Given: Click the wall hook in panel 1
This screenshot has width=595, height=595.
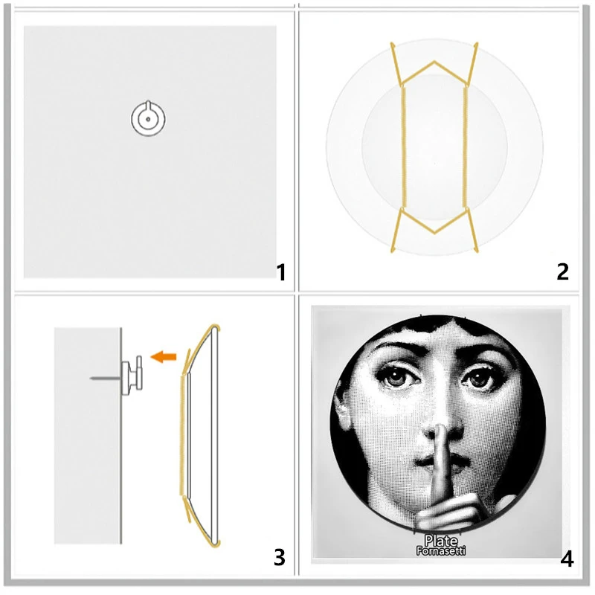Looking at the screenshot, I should [x=148, y=118].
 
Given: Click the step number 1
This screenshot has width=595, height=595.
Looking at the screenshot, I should [x=280, y=272].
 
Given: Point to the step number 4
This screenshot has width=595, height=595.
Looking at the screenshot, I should [x=567, y=558].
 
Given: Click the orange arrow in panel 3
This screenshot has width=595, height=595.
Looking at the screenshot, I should [x=163, y=358].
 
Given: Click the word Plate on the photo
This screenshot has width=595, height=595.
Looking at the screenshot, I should [x=440, y=541].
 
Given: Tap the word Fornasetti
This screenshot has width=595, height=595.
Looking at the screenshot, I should [x=440, y=553].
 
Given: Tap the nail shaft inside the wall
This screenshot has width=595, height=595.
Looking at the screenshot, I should [x=104, y=379].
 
